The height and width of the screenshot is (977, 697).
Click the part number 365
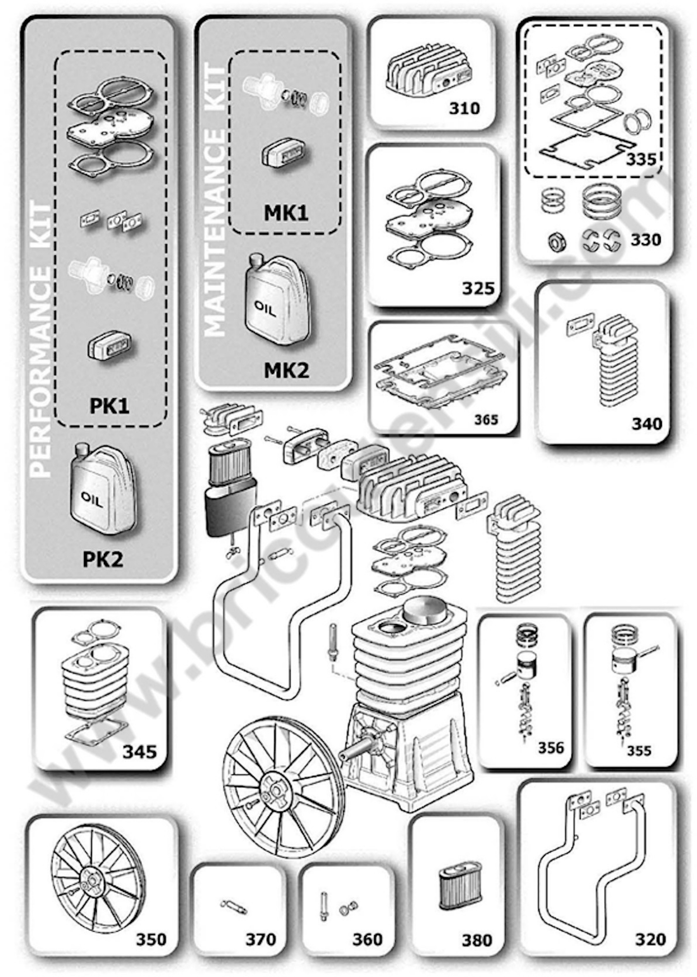tap(486, 419)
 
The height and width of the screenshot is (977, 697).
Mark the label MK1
tap(286, 213)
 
